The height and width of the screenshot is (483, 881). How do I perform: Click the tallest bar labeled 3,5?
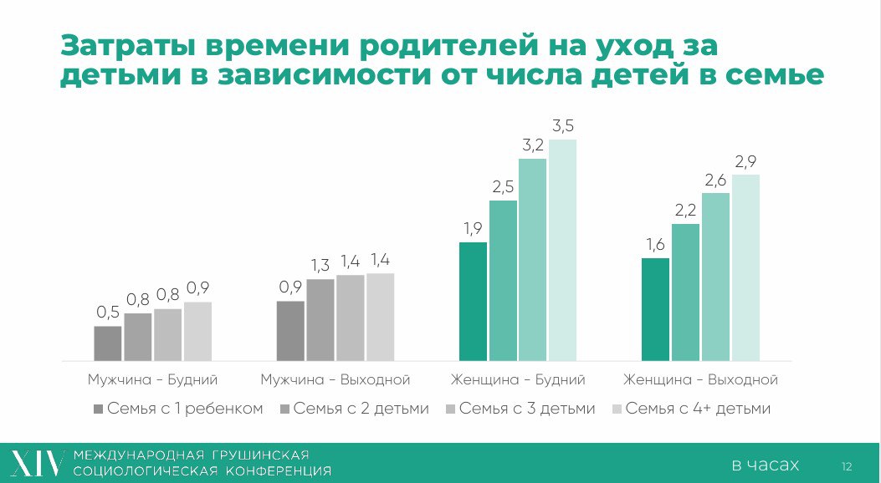click(563, 250)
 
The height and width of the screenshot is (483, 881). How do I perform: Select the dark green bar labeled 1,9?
click(473, 301)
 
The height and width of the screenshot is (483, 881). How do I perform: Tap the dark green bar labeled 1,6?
click(655, 309)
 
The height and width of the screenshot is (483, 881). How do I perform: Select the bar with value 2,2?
click(685, 292)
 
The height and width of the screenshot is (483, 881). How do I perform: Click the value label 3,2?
click(533, 145)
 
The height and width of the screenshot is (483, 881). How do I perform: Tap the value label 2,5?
click(503, 186)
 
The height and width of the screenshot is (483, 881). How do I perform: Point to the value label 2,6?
click(715, 179)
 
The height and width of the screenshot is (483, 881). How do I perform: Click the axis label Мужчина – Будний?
click(153, 379)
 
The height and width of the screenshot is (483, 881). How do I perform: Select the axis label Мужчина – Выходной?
click(335, 379)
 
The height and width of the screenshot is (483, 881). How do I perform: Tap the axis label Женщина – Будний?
click(518, 379)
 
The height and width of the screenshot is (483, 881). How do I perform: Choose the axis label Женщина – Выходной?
click(701, 379)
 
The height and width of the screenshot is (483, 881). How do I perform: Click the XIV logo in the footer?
click(36, 463)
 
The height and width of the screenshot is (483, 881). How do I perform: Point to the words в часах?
click(765, 465)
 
